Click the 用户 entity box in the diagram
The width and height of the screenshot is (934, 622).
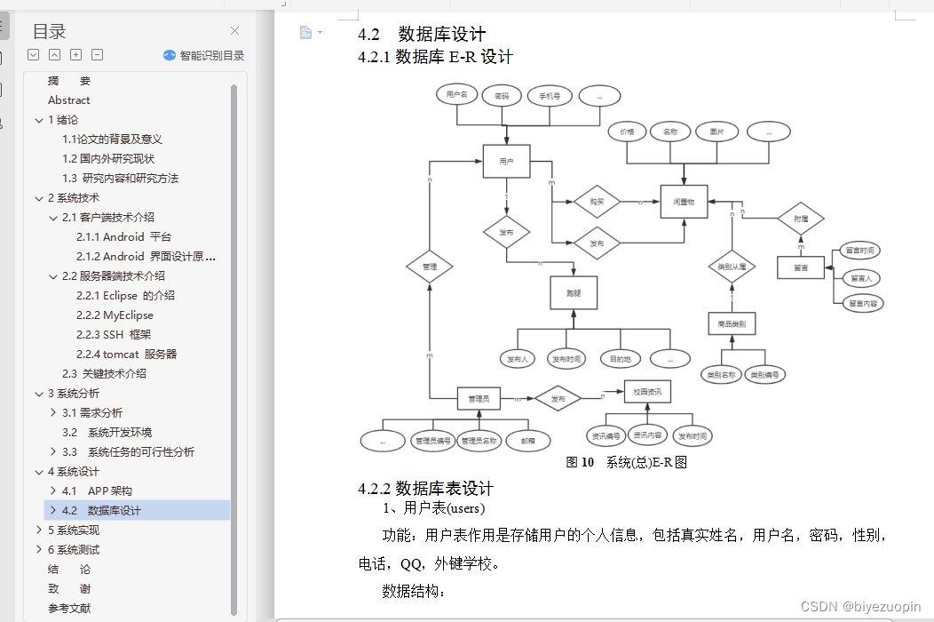tap(506, 161)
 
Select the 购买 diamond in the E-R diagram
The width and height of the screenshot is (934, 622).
tap(596, 202)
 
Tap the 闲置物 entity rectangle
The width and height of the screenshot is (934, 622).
tap(683, 203)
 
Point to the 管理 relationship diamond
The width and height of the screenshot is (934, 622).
tap(430, 265)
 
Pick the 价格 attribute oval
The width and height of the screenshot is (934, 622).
tap(627, 132)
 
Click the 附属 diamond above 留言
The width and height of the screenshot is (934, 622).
tap(801, 218)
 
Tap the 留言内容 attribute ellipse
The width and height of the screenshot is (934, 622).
tap(862, 303)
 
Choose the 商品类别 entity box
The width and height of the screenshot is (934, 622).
tap(732, 324)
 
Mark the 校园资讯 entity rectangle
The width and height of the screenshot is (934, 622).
tap(647, 392)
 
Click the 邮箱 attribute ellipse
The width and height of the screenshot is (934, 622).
tap(527, 440)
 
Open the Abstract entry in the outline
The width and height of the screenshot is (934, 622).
tap(69, 100)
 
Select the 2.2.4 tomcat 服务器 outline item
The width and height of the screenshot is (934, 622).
tap(126, 354)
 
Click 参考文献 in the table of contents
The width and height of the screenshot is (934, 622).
tap(69, 609)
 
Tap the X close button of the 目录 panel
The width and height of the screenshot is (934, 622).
tap(234, 31)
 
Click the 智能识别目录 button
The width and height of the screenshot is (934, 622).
tap(204, 55)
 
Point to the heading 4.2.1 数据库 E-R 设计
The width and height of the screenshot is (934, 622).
tap(435, 57)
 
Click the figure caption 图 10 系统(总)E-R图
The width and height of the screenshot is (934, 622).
tap(627, 462)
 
